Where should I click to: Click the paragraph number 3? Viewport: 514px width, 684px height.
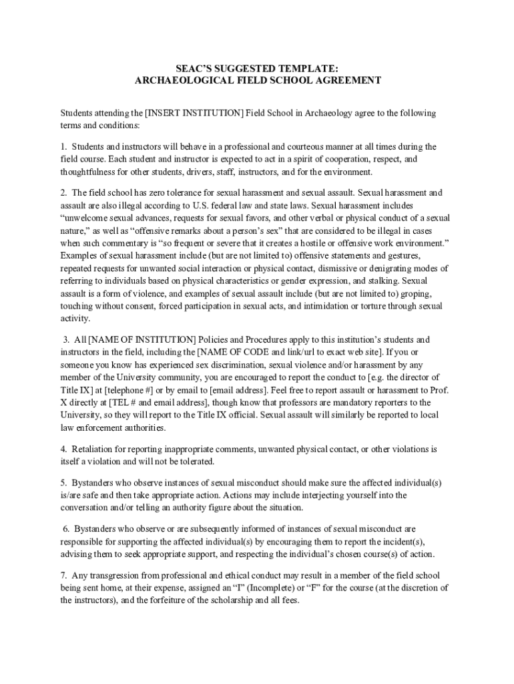pyautogui.click(x=67, y=339)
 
